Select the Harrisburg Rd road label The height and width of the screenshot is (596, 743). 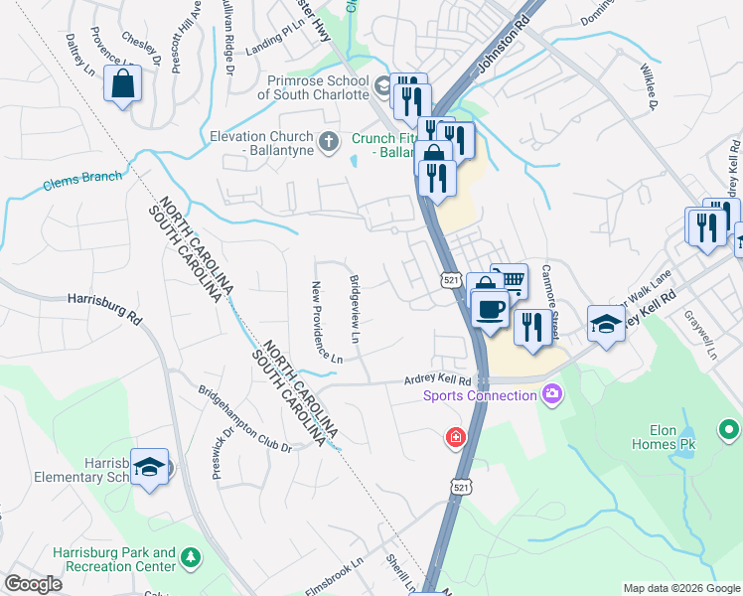103,304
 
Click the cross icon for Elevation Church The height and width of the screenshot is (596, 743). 329,143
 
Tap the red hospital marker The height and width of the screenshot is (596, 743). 455,437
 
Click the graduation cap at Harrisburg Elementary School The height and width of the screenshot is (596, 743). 150,467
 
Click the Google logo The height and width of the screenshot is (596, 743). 33,584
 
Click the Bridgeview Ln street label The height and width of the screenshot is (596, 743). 355,310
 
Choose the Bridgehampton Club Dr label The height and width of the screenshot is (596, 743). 244,419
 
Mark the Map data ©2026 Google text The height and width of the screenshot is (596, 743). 680,588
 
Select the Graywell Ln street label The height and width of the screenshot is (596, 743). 700,335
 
